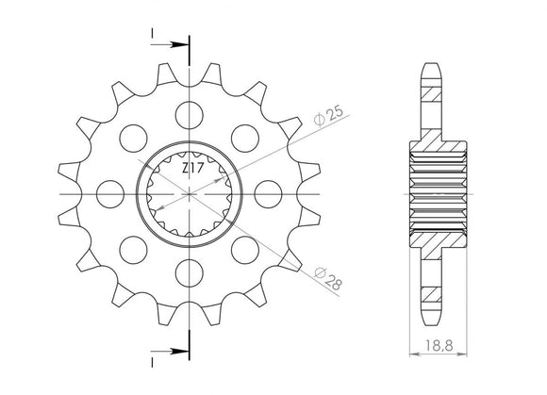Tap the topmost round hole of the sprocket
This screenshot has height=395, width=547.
pos(187,111)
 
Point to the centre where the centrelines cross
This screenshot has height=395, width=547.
pos(189,192)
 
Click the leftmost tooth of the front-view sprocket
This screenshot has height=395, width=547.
pos(69,192)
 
